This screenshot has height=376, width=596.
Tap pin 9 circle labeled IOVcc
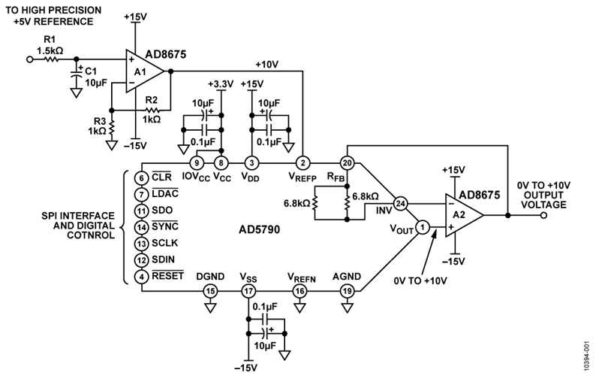[x=197, y=162]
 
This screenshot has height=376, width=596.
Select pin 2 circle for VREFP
[x=302, y=162]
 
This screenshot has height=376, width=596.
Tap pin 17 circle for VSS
[x=248, y=290]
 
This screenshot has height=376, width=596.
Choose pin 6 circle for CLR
[x=141, y=178]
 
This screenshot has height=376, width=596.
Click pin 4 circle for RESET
[x=141, y=276]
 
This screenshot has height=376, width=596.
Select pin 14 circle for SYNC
[x=141, y=227]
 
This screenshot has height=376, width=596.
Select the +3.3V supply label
[x=215, y=84]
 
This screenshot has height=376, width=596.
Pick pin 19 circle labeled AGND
[x=347, y=290]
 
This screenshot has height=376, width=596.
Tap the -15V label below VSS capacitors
[x=246, y=368]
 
